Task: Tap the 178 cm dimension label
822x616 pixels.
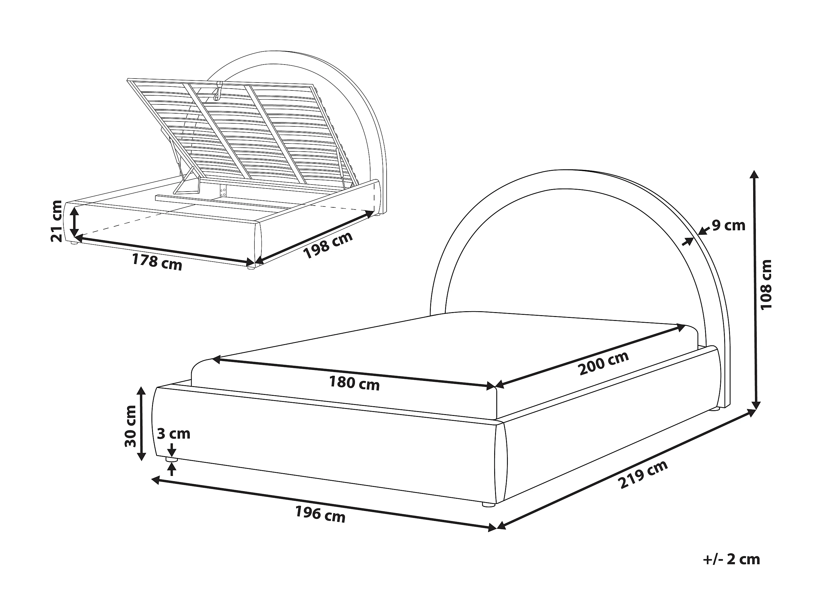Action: [157, 262]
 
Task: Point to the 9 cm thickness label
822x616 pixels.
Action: [728, 225]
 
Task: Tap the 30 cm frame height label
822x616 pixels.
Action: [131, 426]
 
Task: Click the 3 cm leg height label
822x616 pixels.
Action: [174, 434]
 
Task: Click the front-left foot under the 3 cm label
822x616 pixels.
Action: [171, 460]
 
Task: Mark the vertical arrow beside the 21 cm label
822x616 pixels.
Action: [75, 222]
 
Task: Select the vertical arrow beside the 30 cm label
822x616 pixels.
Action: [141, 423]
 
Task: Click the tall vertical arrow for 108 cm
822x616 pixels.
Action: [754, 290]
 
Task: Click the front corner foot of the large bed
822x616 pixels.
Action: [488, 504]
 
